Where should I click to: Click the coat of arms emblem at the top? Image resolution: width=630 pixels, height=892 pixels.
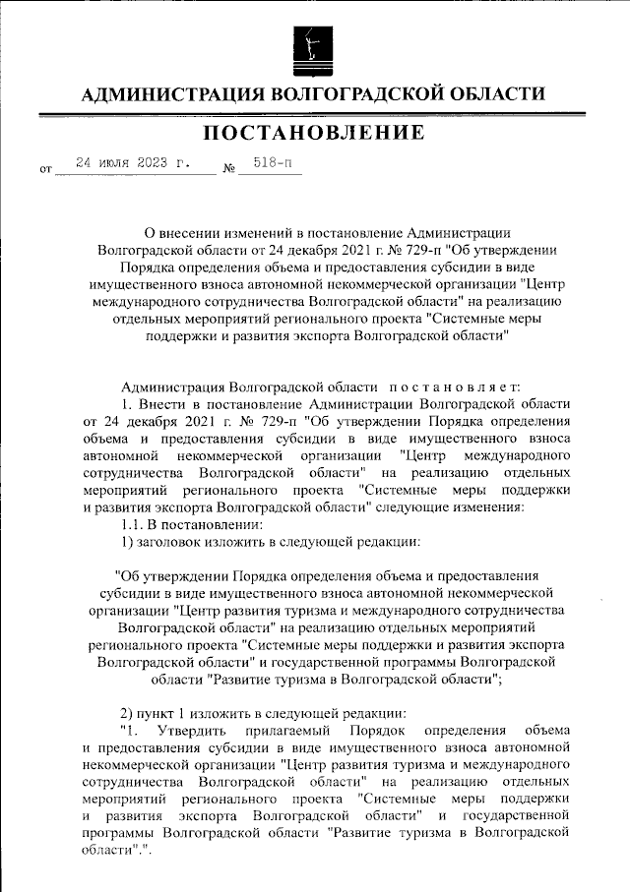click(x=314, y=47)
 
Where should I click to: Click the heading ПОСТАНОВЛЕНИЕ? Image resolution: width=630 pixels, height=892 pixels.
click(x=314, y=132)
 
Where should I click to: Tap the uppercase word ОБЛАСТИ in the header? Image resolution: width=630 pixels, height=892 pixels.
click(x=488, y=94)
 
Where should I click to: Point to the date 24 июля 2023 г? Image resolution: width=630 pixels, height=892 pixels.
click(x=133, y=163)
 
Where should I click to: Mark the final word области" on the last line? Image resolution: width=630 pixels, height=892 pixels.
click(x=97, y=850)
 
